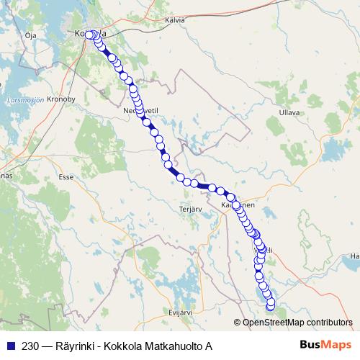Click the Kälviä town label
175,20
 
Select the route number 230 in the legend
30,346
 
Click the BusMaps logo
326,345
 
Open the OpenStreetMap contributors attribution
297,323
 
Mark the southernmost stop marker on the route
271,307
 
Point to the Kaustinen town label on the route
238,204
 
